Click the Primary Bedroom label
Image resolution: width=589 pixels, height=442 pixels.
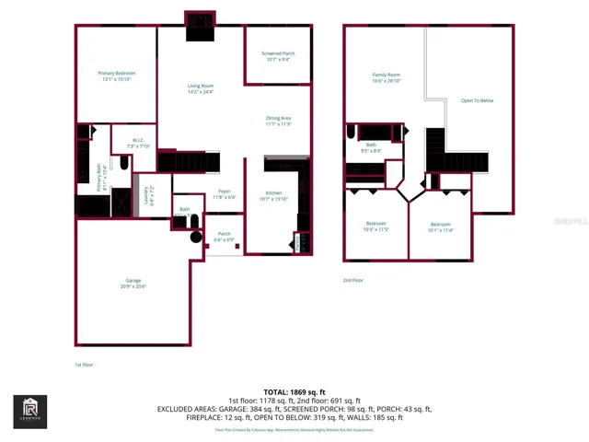click(x=117, y=76)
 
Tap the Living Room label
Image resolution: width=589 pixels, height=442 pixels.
click(x=201, y=88)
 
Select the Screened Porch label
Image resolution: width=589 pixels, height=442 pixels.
click(x=278, y=56)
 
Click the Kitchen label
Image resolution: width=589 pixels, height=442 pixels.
click(x=273, y=195)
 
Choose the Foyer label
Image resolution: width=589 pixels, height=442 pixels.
click(x=225, y=194)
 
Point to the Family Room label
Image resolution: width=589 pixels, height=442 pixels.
click(x=387, y=77)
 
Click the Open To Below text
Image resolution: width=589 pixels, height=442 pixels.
click(x=477, y=100)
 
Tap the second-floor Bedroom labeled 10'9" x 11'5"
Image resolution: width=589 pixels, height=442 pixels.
click(x=376, y=227)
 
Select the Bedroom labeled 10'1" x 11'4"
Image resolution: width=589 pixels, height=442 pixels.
click(x=441, y=227)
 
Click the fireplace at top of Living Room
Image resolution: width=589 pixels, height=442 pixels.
click(x=200, y=27)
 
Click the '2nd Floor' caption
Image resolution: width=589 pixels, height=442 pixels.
click(x=352, y=280)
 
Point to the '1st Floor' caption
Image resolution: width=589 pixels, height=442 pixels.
click(x=84, y=365)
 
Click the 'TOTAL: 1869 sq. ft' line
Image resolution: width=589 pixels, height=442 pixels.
click(x=294, y=392)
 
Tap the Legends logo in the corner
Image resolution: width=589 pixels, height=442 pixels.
click(x=29, y=412)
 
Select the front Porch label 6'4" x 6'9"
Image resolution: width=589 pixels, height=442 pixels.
click(x=224, y=237)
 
